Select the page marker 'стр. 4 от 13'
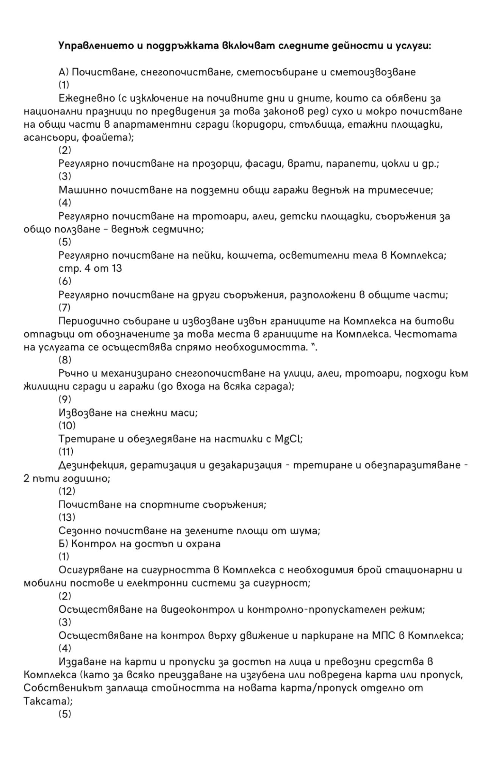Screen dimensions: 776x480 (90, 268)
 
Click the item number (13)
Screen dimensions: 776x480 (67, 517)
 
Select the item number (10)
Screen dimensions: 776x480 (67, 426)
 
